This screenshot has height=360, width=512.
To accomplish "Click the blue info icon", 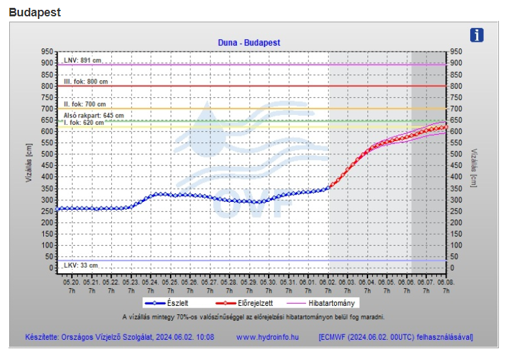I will pos(477,35).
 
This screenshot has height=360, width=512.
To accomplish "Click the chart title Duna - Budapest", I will pos(248,42).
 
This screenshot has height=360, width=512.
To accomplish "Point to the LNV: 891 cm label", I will pos(82,60).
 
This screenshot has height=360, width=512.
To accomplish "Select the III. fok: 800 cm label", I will pos(86,82).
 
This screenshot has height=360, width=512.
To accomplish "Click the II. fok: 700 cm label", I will pos(84,104).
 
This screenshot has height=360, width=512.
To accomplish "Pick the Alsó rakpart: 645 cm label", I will pos(94,115).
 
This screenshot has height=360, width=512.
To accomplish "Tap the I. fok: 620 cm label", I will pos(84,122).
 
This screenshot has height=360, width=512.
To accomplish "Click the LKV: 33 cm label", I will pos(81,265).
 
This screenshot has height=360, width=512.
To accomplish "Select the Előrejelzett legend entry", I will pos(250,303).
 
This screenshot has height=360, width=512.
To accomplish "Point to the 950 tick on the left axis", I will pos(46,52).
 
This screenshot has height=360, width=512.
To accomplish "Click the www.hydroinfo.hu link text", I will pos(267,337).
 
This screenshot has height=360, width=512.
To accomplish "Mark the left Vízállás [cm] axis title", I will pos(29,161).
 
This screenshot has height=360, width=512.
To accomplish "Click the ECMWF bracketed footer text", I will pos(396,337).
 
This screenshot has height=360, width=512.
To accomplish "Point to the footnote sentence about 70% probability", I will pos(253,317).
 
